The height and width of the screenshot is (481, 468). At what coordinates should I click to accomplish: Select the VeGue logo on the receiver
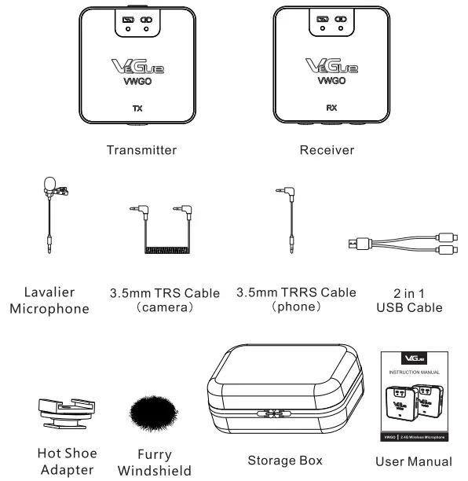tap(331, 67)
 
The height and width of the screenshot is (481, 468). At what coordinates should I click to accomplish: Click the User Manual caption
tap(413, 461)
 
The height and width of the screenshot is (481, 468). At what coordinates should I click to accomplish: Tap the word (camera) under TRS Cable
tap(166, 308)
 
